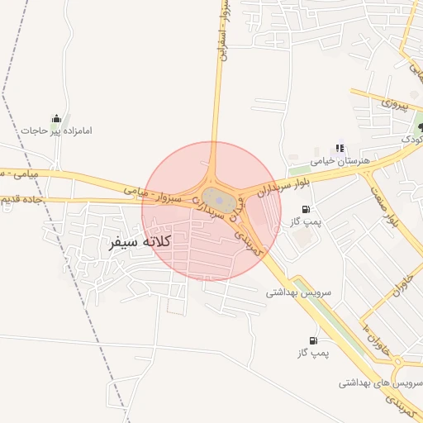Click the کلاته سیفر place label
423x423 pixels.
[x=140, y=242]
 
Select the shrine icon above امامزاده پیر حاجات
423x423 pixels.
[x=56, y=118]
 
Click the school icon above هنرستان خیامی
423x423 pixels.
[x=340, y=149]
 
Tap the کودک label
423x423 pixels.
[x=412, y=140]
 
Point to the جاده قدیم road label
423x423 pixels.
[x=17, y=200]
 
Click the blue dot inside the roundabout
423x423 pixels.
[x=218, y=197]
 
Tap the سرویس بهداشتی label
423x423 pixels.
[x=298, y=292]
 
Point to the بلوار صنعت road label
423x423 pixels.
[x=392, y=210]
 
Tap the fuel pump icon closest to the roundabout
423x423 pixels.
[x=307, y=210]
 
